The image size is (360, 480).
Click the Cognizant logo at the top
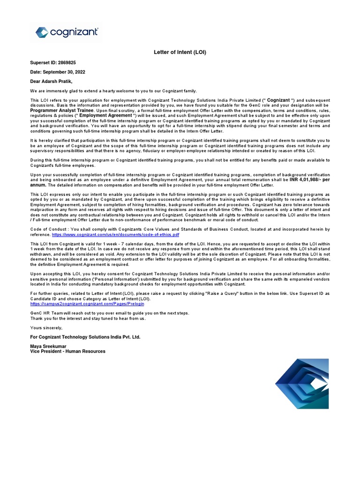(67, 32)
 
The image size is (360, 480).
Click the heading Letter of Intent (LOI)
(180, 52)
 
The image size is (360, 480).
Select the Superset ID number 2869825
(66, 62)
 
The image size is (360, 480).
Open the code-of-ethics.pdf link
(115, 234)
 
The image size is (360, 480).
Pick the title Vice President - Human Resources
(67, 351)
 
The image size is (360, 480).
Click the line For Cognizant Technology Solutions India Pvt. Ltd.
(85, 337)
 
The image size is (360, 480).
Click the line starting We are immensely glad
(113, 90)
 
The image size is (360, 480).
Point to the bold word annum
(39, 185)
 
